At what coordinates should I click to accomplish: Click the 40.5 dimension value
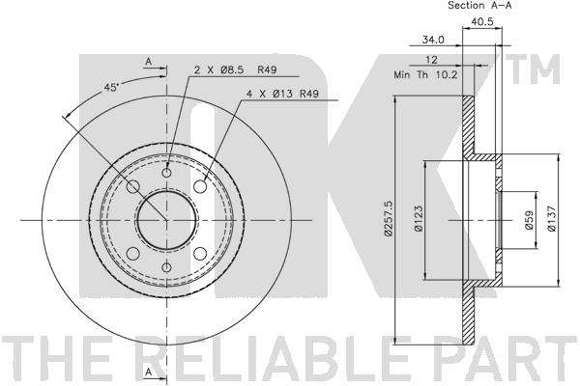(x=482, y=21)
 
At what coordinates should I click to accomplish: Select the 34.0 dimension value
(x=433, y=40)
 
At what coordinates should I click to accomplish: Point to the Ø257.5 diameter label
(x=388, y=218)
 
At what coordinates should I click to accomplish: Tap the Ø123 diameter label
(x=419, y=218)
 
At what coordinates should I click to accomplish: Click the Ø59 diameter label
(x=530, y=220)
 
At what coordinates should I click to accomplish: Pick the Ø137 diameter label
(x=551, y=218)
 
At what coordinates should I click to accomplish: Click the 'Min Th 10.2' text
(x=425, y=75)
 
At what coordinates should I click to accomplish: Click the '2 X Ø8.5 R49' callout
(x=235, y=69)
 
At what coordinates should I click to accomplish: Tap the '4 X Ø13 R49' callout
(x=282, y=94)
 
